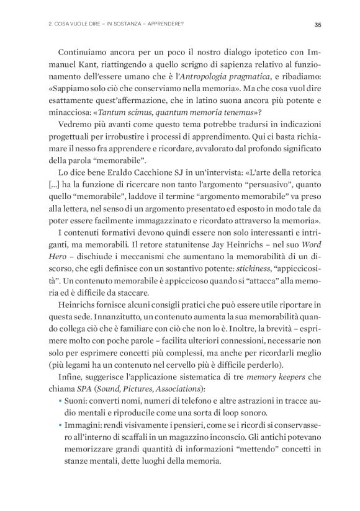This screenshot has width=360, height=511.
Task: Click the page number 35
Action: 317,25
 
